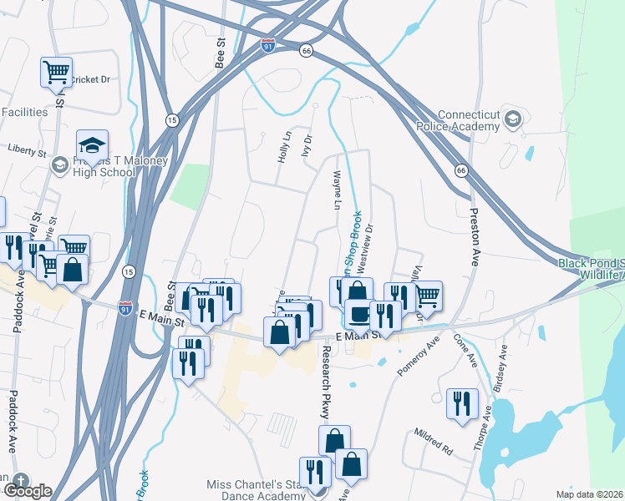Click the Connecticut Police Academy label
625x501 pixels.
pyautogui.click(x=458, y=121)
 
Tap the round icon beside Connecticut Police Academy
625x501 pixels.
pyautogui.click(x=513, y=121)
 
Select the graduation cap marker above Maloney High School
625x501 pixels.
pyautogui.click(x=92, y=144)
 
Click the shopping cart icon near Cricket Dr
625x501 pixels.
pyautogui.click(x=56, y=72)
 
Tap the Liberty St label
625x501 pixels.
pyautogui.click(x=26, y=152)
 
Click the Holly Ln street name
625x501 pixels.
pyautogui.click(x=285, y=147)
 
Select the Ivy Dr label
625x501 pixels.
pyautogui.click(x=307, y=149)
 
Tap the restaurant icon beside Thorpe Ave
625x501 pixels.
pyautogui.click(x=462, y=403)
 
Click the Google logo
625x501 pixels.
pyautogui.click(x=27, y=491)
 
